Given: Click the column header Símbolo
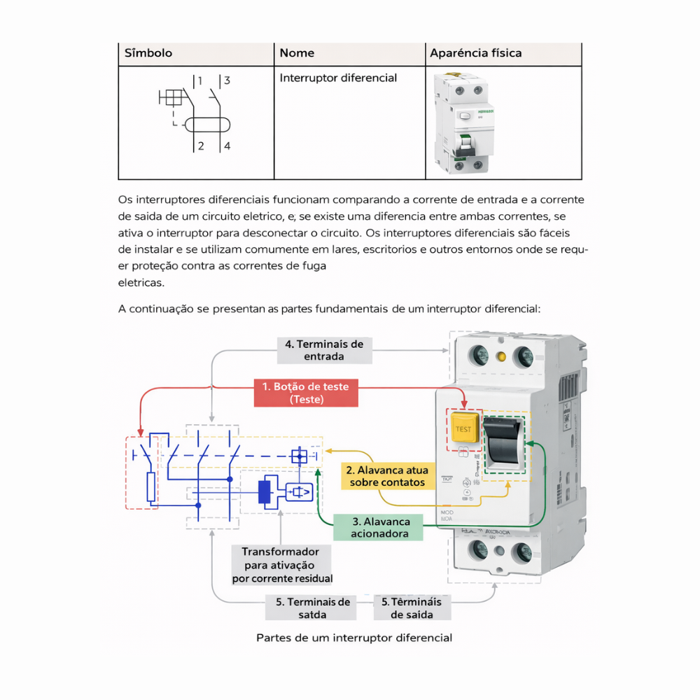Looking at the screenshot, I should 148,53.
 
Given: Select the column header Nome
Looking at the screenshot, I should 297,53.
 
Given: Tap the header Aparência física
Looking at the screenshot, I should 475,53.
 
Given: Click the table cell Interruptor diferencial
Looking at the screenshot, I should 338,78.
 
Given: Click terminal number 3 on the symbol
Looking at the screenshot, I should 227,80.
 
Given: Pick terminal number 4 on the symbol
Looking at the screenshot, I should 227,146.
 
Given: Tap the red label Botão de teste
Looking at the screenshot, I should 305,393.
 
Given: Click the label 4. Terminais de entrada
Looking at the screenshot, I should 324,350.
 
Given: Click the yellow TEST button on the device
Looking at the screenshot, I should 463,428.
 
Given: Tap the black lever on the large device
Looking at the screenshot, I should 504,442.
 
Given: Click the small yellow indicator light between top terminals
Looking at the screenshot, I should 501,356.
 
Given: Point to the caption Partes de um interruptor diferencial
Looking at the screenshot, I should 354,638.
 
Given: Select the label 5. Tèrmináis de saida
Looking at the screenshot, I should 412,608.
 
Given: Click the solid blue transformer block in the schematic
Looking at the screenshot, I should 265,492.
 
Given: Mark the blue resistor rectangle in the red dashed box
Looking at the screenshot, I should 150,487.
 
